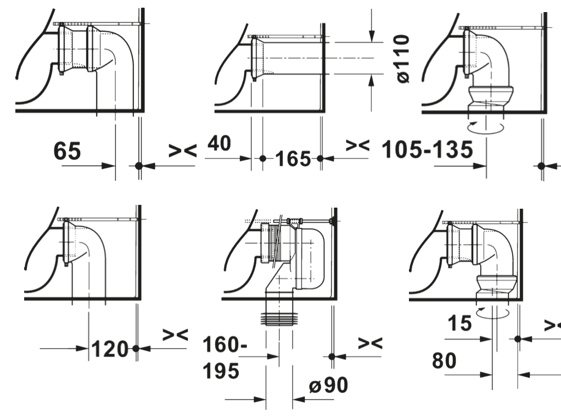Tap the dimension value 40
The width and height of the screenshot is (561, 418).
point(220,143)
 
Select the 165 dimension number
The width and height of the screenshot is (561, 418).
point(293,159)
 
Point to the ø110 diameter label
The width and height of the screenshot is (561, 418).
point(403,58)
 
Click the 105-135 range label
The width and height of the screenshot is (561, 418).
point(427,150)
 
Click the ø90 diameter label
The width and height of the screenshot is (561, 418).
point(328,386)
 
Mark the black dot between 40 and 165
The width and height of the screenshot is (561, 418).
point(263,159)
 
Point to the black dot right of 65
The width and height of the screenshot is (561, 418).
point(139,165)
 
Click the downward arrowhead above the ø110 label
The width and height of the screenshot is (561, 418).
point(372,36)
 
